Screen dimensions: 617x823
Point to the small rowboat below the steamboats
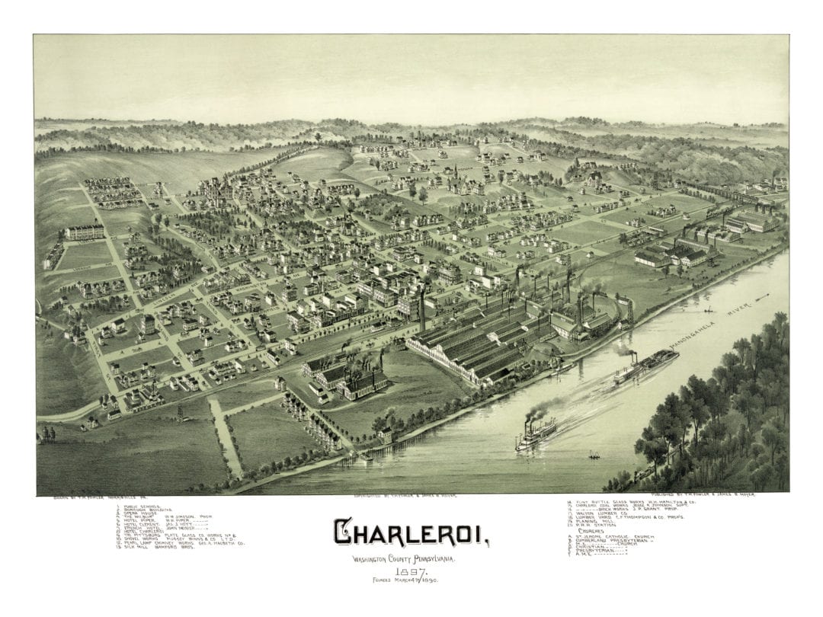(x=594, y=458)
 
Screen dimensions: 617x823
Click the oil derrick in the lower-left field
(x=181, y=411)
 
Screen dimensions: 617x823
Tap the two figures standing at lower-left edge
(x=48, y=435)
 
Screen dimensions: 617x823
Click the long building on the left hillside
(x=85, y=232)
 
